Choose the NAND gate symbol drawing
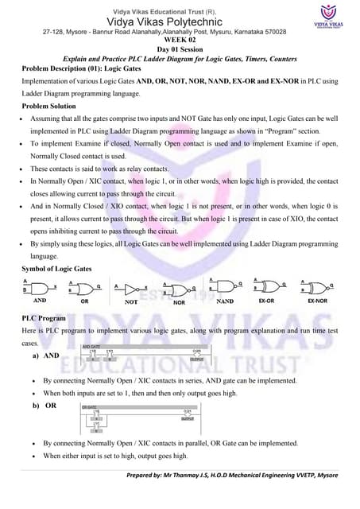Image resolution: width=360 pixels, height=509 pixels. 226,286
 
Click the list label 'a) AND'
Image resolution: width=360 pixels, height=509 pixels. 47,355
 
